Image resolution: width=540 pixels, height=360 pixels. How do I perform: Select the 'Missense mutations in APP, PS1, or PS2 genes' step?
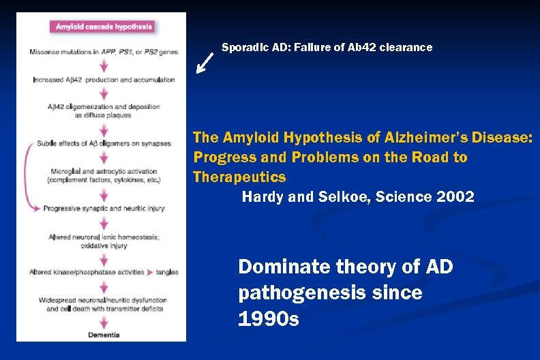tap(104, 51)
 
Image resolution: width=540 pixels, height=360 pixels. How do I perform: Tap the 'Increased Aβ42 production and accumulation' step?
tap(104, 80)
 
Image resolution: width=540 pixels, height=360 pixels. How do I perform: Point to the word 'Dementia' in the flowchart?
tap(104, 335)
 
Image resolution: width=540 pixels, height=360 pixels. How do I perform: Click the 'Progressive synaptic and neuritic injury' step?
tap(104, 208)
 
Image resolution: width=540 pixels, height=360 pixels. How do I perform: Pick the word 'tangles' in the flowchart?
tap(166, 272)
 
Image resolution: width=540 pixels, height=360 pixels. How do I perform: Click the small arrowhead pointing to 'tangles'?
tap(150, 272)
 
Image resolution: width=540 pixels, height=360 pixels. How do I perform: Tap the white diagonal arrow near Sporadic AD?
tap(205, 63)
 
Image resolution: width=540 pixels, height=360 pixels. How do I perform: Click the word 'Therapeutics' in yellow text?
tap(239, 177)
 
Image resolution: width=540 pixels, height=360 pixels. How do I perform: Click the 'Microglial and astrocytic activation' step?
tap(104, 171)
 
